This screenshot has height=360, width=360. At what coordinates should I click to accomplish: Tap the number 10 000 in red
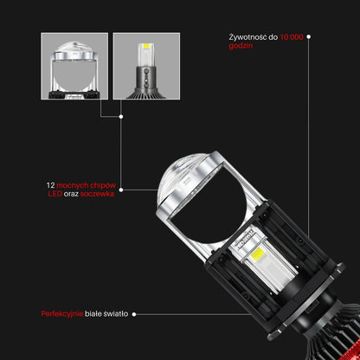[292, 37]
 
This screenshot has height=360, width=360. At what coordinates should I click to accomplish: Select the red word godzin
[241, 46]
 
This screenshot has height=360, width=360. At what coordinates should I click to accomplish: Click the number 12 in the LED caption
[50, 185]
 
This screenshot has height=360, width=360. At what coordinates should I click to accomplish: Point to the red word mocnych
[72, 185]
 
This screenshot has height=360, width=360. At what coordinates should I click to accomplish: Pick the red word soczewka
[97, 194]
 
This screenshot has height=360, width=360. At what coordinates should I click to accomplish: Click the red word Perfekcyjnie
[62, 314]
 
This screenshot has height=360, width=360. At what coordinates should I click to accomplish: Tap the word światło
[116, 313]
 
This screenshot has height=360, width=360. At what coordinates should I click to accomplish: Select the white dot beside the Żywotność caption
[309, 36]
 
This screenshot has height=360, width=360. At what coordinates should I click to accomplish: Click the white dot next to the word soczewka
[121, 190]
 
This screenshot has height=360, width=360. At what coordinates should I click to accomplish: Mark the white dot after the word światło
[134, 314]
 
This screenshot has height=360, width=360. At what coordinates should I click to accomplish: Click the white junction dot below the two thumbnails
[121, 117]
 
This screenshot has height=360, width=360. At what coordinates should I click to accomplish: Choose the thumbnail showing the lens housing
[74, 66]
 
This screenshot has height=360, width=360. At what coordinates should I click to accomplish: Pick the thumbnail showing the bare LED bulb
[146, 66]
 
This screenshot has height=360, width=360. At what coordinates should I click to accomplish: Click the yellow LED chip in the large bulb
[258, 253]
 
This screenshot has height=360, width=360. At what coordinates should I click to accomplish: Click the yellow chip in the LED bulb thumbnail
[146, 46]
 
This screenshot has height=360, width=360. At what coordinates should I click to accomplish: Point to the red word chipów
[103, 185]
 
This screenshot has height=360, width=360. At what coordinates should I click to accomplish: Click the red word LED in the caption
[55, 194]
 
